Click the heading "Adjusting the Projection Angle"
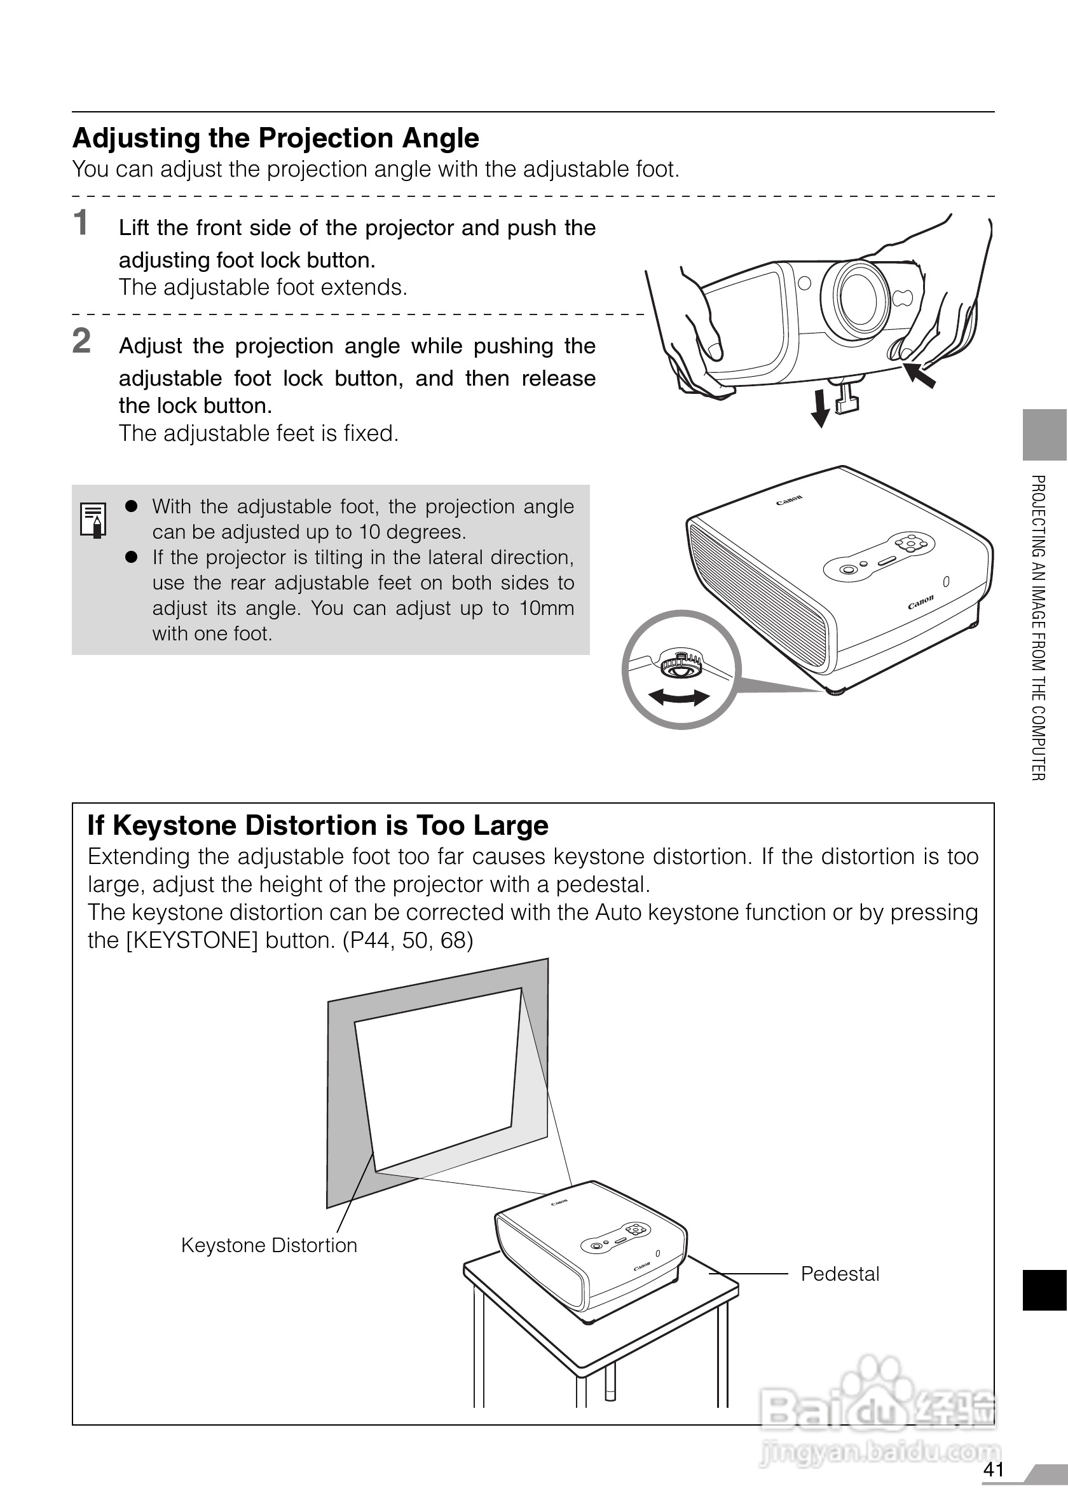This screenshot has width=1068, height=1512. (275, 138)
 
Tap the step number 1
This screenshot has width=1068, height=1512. (81, 222)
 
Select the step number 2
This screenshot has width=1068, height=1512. (81, 341)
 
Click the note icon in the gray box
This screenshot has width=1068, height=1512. (93, 520)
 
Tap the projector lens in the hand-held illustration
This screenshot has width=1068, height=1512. (859, 297)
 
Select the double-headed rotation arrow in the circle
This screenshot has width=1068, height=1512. (680, 697)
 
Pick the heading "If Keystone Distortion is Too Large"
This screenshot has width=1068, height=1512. (318, 826)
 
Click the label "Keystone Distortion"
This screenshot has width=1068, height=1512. (269, 1245)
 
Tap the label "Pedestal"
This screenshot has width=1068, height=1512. (839, 1274)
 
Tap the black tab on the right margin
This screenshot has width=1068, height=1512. (1044, 1291)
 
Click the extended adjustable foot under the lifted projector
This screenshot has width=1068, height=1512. (846, 397)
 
